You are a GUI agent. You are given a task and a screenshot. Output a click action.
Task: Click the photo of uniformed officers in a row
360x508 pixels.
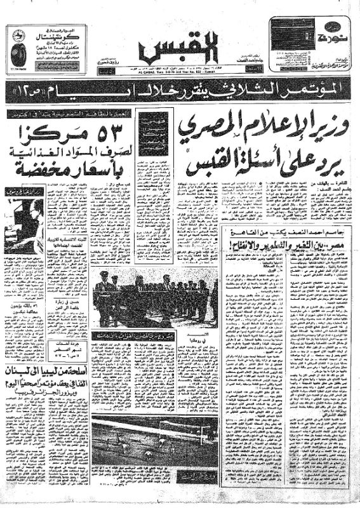pos(156,295)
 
